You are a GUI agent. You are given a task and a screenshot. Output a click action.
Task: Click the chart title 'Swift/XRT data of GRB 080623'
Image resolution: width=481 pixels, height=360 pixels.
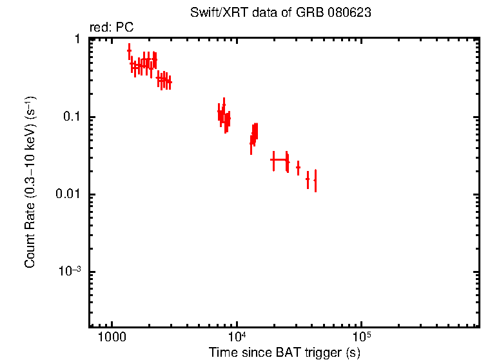[x=280, y=13]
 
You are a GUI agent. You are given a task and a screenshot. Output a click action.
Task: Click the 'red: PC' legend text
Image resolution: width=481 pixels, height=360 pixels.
[x=111, y=28]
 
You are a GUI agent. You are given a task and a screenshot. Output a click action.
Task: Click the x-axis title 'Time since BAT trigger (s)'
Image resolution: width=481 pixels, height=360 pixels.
[x=284, y=353]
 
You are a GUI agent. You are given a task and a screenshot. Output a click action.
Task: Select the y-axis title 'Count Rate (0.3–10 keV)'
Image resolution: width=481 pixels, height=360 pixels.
[x=30, y=182]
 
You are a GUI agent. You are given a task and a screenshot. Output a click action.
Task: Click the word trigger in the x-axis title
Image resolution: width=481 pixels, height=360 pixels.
[x=326, y=353]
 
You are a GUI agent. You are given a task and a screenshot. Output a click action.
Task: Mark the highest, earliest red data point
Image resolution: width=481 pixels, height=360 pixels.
[x=129, y=50]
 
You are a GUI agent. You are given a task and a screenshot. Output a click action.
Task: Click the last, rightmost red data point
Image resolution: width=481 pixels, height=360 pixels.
[x=315, y=180]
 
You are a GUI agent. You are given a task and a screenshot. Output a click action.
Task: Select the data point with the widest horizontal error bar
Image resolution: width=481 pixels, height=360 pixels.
[x=279, y=159]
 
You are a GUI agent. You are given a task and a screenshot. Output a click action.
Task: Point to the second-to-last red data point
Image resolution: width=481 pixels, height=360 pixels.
[x=308, y=178]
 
